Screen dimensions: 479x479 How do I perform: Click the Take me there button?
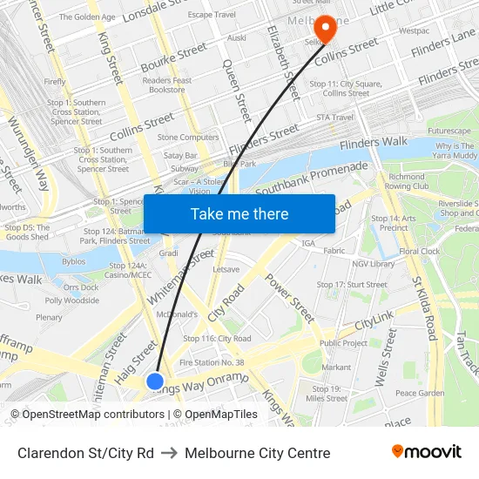point(239,213)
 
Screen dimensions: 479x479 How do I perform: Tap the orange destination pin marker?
point(326,29)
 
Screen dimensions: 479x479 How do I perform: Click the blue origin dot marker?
point(155,381)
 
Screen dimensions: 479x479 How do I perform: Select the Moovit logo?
point(426,452)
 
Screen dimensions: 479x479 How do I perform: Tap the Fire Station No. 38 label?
point(212,362)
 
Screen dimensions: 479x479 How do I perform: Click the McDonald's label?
point(176,314)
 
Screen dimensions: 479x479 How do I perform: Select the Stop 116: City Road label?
point(217,338)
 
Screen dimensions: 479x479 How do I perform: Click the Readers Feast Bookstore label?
point(167,84)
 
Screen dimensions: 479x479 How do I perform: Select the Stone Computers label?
point(188,137)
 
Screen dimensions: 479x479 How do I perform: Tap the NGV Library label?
point(373,264)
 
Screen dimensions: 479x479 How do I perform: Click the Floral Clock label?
point(420,251)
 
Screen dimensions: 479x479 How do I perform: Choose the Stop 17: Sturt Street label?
point(352,284)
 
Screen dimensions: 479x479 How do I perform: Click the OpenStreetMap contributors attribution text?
point(87,415)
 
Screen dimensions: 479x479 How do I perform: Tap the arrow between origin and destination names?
point(169,453)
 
